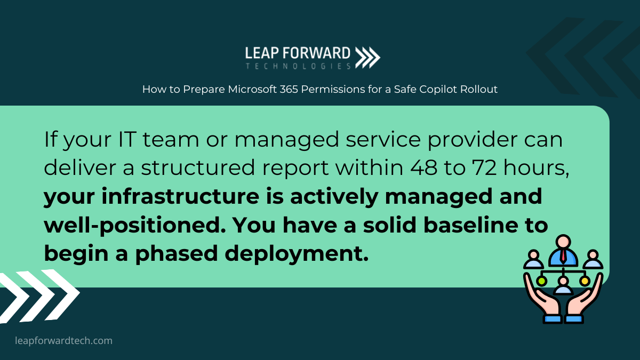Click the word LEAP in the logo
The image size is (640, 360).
pos(261,53)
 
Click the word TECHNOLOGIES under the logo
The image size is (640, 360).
pos(298,66)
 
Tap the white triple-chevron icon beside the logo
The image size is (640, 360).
pos(367,58)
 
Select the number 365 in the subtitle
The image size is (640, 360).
pos(289,89)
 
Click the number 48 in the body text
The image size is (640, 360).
pos(423,167)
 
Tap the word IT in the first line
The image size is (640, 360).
pos(127,139)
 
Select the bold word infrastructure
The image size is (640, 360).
pos(180,196)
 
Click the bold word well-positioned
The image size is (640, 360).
pos(135,226)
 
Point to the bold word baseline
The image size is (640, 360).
pos(470,225)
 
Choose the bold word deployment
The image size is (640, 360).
pos(297,254)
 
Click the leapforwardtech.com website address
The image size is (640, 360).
pos(63,341)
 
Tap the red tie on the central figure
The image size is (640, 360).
pos(563,255)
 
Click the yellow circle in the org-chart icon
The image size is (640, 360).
pos(585,281)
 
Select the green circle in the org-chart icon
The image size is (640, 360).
pos(541,281)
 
